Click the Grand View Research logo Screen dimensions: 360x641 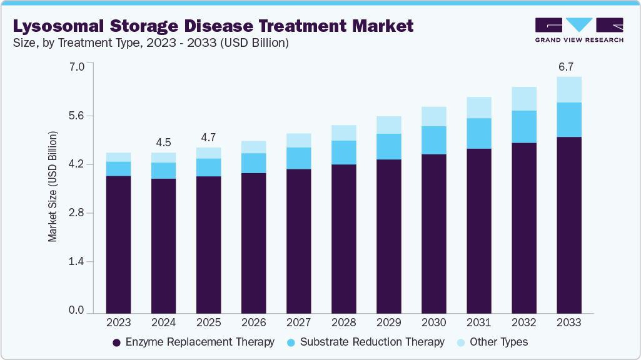[579, 29]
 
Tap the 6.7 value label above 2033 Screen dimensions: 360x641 [568, 66]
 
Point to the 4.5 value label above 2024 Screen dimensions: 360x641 [163, 142]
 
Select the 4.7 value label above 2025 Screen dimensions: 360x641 [208, 137]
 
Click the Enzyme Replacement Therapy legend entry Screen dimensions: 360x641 [193, 342]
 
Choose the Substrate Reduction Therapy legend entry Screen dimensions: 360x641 [365, 342]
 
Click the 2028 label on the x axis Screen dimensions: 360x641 [343, 323]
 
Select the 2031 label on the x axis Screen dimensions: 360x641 [478, 323]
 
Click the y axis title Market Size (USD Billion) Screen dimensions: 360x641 [53, 187]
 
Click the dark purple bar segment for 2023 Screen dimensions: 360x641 [118, 244]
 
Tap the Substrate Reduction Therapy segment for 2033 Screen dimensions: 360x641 [568, 119]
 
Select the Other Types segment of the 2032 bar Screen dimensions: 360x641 [523, 99]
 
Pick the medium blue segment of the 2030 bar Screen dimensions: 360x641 [433, 140]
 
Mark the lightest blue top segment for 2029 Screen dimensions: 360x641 [388, 125]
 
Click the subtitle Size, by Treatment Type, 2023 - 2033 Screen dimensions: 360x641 [150, 43]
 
